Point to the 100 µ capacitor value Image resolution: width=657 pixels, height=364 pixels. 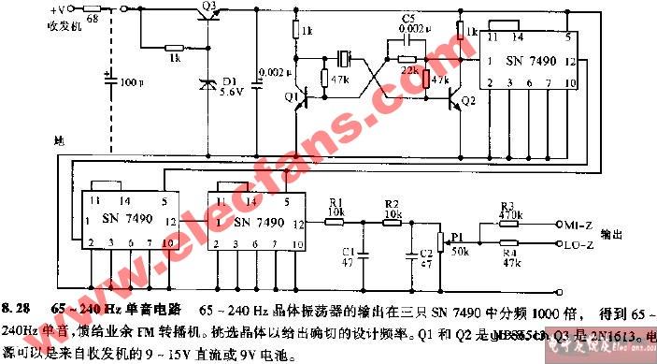[130, 82]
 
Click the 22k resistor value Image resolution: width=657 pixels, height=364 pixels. [408, 70]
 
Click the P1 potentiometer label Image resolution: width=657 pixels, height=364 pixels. [458, 240]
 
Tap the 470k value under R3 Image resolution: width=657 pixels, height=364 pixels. [508, 215]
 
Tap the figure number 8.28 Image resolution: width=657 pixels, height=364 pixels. [17, 308]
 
